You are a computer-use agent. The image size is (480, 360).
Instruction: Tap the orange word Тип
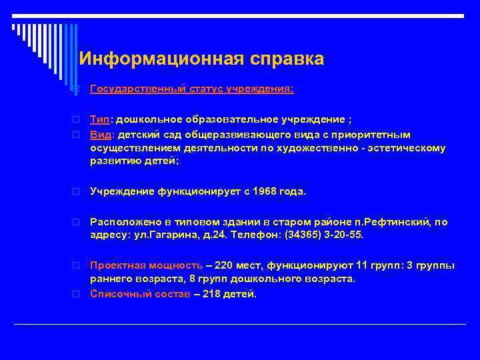(100, 120)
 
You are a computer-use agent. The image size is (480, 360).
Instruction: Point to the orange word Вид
(99, 134)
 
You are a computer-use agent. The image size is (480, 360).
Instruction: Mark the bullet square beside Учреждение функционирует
(77, 192)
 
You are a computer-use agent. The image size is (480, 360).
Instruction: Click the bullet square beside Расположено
(77, 222)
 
